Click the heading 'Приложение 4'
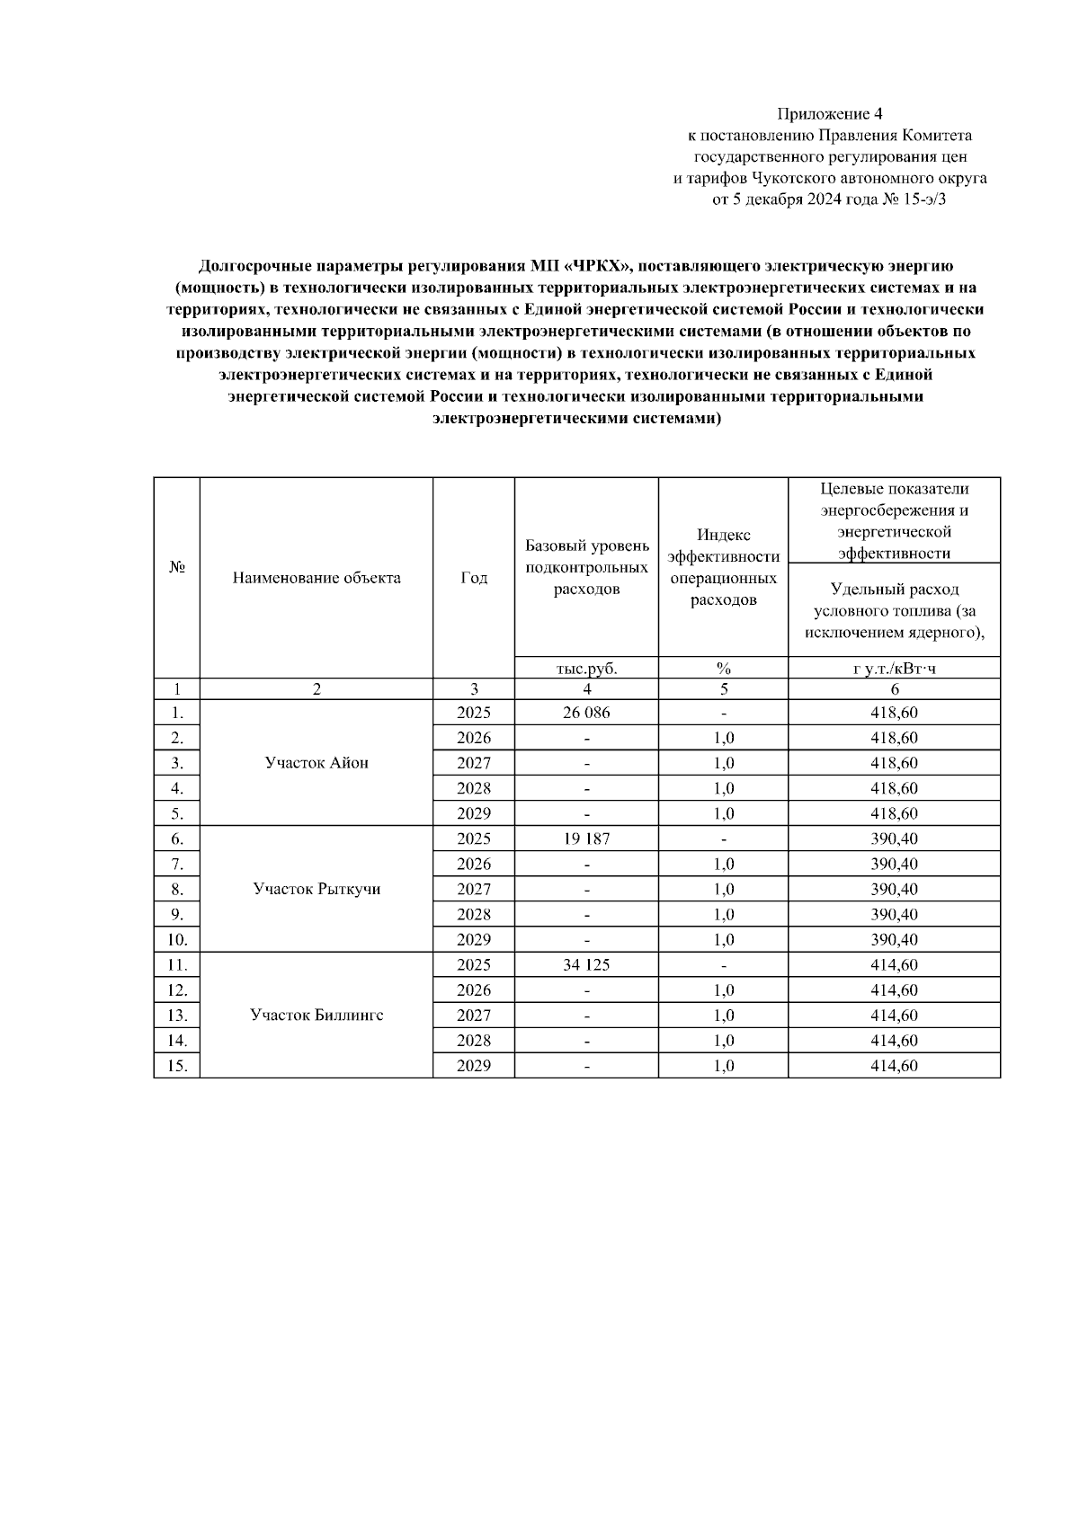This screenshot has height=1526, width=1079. click(x=830, y=114)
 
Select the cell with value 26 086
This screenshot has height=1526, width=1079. click(x=586, y=713)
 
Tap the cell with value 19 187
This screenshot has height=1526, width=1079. click(x=586, y=838)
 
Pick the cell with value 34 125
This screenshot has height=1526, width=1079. click(x=586, y=965)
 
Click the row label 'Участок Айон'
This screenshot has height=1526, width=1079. click(x=317, y=763)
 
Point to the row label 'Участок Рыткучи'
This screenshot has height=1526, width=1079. click(x=317, y=889)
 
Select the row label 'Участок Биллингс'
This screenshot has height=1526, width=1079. click(x=317, y=1016)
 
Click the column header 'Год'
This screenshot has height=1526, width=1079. click(x=474, y=578)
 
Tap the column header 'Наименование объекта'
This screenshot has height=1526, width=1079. click(x=317, y=578)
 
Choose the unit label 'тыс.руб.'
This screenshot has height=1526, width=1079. click(x=586, y=669)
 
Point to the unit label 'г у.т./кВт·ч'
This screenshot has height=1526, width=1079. click(x=894, y=669)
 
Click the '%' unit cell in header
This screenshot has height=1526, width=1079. click(x=723, y=669)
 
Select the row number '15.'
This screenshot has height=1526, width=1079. click(x=177, y=1066)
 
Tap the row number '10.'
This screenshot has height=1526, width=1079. click(x=177, y=940)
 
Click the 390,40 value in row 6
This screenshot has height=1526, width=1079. click(x=894, y=838)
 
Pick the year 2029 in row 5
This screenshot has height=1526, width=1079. click(x=474, y=813)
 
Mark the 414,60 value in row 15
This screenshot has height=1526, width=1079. click(x=894, y=1066)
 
